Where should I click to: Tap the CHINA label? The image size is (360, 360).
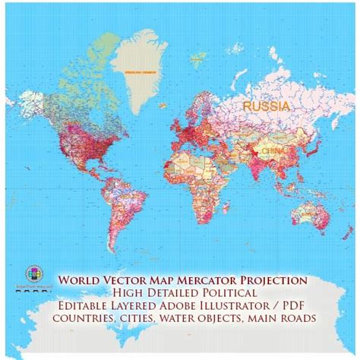(x=271, y=151)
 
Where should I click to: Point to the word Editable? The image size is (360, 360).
(x=88, y=308)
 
